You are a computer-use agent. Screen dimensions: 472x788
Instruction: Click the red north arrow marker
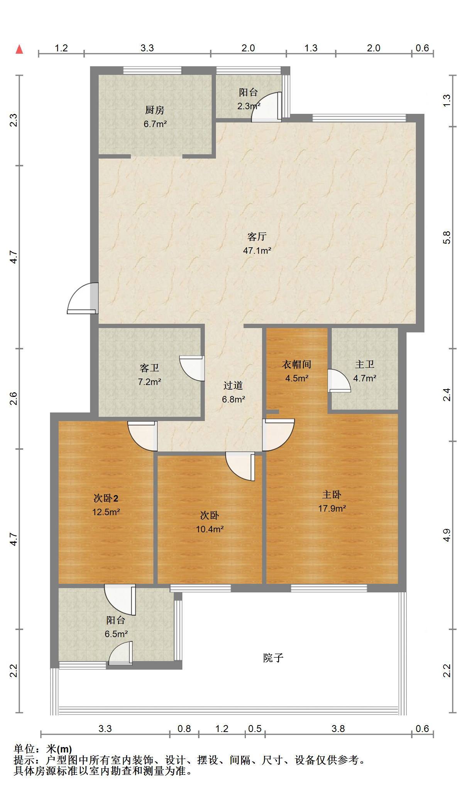(x=19, y=49)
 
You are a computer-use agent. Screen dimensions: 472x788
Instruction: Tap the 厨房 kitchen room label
(x=155, y=110)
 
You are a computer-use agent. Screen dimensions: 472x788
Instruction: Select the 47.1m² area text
(x=257, y=251)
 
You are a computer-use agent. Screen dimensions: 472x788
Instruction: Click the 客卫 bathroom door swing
(x=192, y=368)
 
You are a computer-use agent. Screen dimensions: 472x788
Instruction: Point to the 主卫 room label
(x=365, y=364)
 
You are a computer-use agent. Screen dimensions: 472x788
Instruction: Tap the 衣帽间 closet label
(x=297, y=364)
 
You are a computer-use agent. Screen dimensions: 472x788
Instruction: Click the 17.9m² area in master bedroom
(x=332, y=508)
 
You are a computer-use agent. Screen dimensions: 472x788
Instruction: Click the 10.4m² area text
(x=210, y=529)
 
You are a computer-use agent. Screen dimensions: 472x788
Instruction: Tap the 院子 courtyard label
(x=273, y=658)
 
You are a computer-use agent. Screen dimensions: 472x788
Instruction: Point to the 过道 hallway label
(x=233, y=385)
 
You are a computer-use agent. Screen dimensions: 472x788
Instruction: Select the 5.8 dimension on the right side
(x=447, y=237)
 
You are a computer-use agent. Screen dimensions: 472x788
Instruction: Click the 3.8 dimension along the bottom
(x=338, y=729)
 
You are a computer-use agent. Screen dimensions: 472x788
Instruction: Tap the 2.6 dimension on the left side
(x=14, y=398)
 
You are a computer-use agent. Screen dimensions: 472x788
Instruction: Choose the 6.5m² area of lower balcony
(x=116, y=634)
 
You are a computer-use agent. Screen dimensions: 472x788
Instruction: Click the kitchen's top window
(x=152, y=70)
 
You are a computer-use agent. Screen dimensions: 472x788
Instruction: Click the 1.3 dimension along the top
(x=311, y=48)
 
